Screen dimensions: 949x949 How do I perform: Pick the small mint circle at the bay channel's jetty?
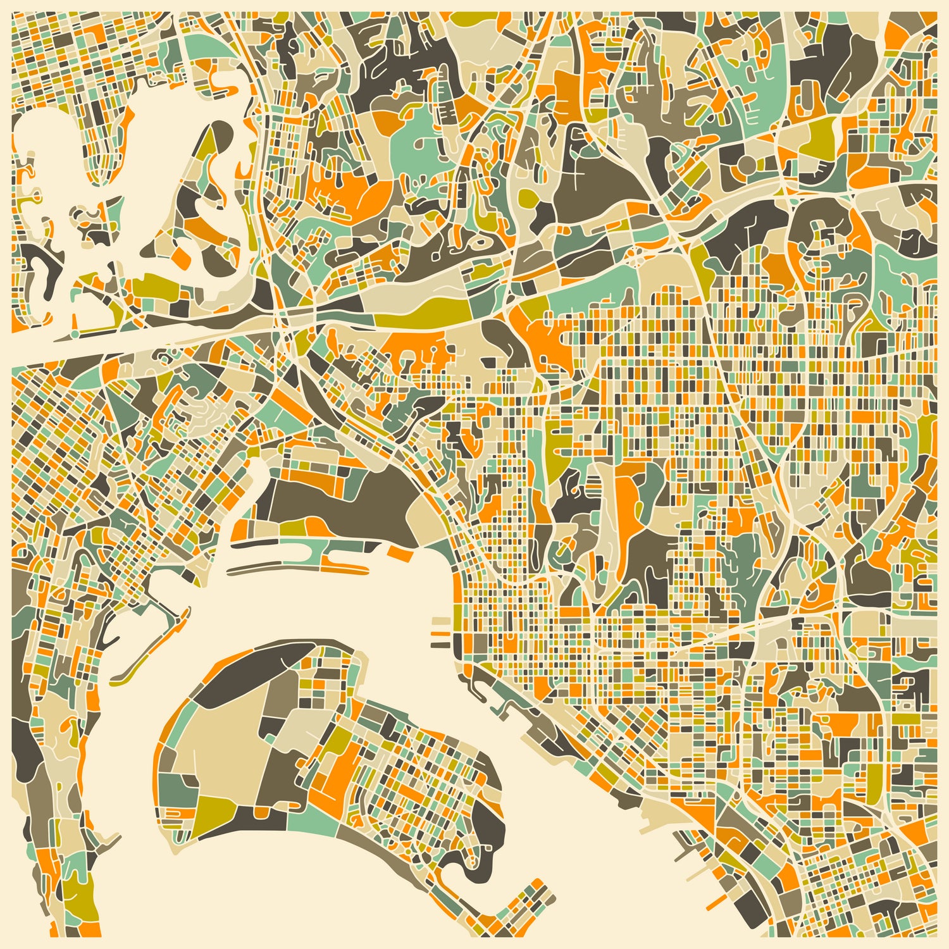click(x=74, y=333)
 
